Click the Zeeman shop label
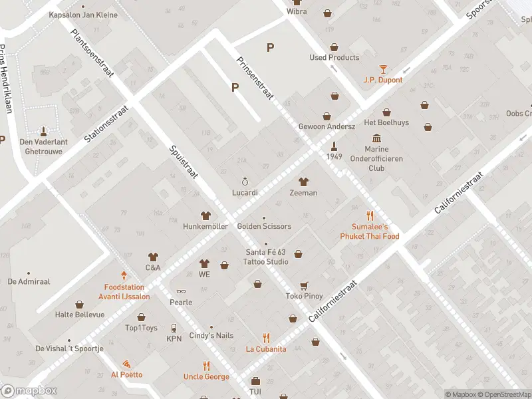[303, 193]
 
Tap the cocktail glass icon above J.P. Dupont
[383, 68]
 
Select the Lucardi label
[245, 192]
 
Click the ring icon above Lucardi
[245, 181]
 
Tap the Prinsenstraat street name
[255, 78]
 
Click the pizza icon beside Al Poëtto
[126, 364]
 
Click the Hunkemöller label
[205, 226]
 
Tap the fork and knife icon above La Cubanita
[266, 337]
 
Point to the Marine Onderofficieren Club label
[376, 159]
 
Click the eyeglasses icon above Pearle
[180, 291]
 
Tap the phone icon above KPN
[174, 328]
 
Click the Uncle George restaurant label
[206, 377]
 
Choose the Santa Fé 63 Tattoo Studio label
[267, 257]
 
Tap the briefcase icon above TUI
[255, 381]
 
